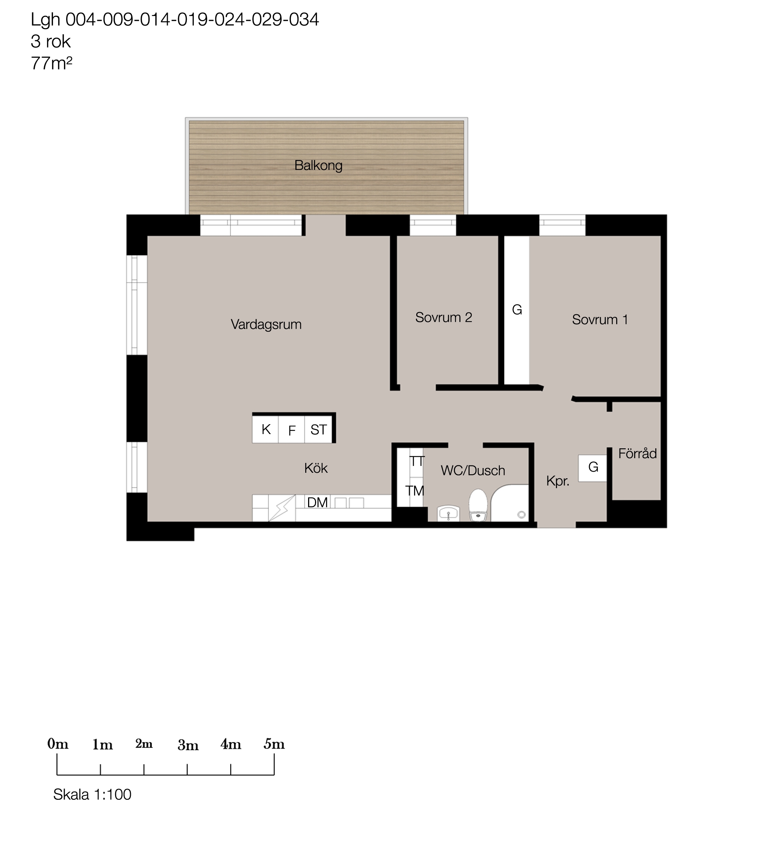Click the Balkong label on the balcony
pyautogui.click(x=318, y=166)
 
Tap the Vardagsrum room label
pyautogui.click(x=266, y=325)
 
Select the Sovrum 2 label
pyautogui.click(x=444, y=318)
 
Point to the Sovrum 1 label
pyautogui.click(x=600, y=320)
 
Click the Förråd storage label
pyautogui.click(x=637, y=453)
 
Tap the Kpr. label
pyautogui.click(x=558, y=482)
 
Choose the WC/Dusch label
pyautogui.click(x=473, y=471)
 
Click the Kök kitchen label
pyautogui.click(x=316, y=468)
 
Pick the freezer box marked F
pyautogui.click(x=292, y=429)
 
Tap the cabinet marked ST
pyautogui.click(x=318, y=429)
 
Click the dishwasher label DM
pyautogui.click(x=317, y=503)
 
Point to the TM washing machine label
pyautogui.click(x=414, y=491)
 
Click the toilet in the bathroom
pyautogui.click(x=478, y=505)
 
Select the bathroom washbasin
pyautogui.click(x=448, y=513)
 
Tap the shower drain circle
pyautogui.click(x=521, y=515)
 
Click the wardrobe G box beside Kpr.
pyautogui.click(x=592, y=468)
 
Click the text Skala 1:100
pyautogui.click(x=92, y=795)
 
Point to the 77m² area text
pyautogui.click(x=51, y=63)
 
